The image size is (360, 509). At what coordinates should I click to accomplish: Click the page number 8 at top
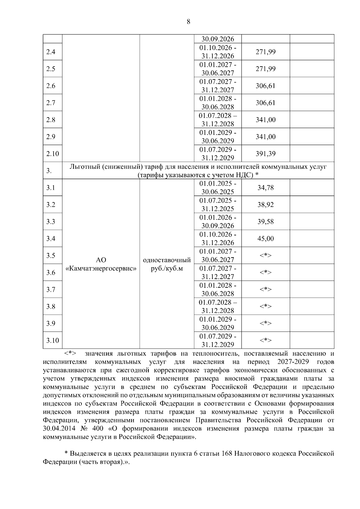(x=188, y=21)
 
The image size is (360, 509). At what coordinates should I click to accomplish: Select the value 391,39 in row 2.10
(x=265, y=154)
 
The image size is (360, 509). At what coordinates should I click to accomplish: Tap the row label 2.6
(x=51, y=86)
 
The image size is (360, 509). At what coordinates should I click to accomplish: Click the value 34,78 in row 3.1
(x=265, y=188)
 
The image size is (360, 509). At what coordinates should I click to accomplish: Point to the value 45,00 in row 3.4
(x=265, y=239)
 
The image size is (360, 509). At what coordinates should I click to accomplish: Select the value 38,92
(x=265, y=205)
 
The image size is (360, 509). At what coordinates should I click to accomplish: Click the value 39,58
(x=265, y=222)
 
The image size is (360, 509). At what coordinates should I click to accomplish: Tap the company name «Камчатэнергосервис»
(x=101, y=269)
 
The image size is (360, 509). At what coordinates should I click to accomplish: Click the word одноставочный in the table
(x=167, y=260)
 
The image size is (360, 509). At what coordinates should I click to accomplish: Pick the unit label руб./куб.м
(x=167, y=269)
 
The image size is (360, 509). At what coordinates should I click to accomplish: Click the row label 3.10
(x=52, y=341)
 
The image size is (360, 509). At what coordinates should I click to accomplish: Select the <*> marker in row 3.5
(x=265, y=255)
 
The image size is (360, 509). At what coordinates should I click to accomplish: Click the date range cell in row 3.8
(x=218, y=306)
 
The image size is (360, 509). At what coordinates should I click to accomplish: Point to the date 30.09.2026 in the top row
(x=218, y=39)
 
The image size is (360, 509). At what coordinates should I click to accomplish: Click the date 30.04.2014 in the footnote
(x=59, y=428)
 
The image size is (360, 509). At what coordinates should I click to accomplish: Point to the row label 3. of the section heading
(x=49, y=171)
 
